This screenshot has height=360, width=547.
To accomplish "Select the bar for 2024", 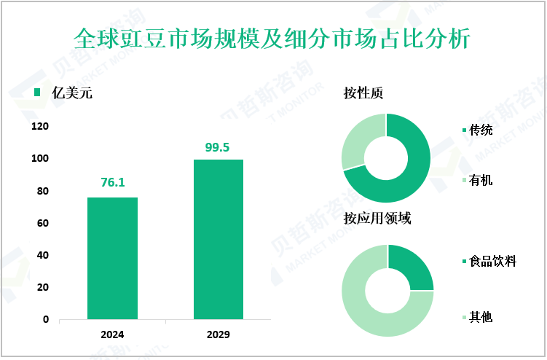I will (112, 258).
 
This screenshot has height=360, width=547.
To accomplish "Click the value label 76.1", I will (112, 184).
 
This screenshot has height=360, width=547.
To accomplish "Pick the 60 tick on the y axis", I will (42, 223).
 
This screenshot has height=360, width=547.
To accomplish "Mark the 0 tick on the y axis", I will (45, 319).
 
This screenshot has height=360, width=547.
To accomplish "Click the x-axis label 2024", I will (112, 334).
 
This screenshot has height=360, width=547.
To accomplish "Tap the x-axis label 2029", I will (218, 334).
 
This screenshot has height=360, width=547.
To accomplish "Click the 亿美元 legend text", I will (72, 93).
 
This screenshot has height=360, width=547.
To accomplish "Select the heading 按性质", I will (363, 93).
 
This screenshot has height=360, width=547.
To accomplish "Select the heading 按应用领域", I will (377, 219).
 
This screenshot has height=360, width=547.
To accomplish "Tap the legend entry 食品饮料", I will (492, 261).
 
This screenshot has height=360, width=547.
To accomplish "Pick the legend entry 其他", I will (481, 317).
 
